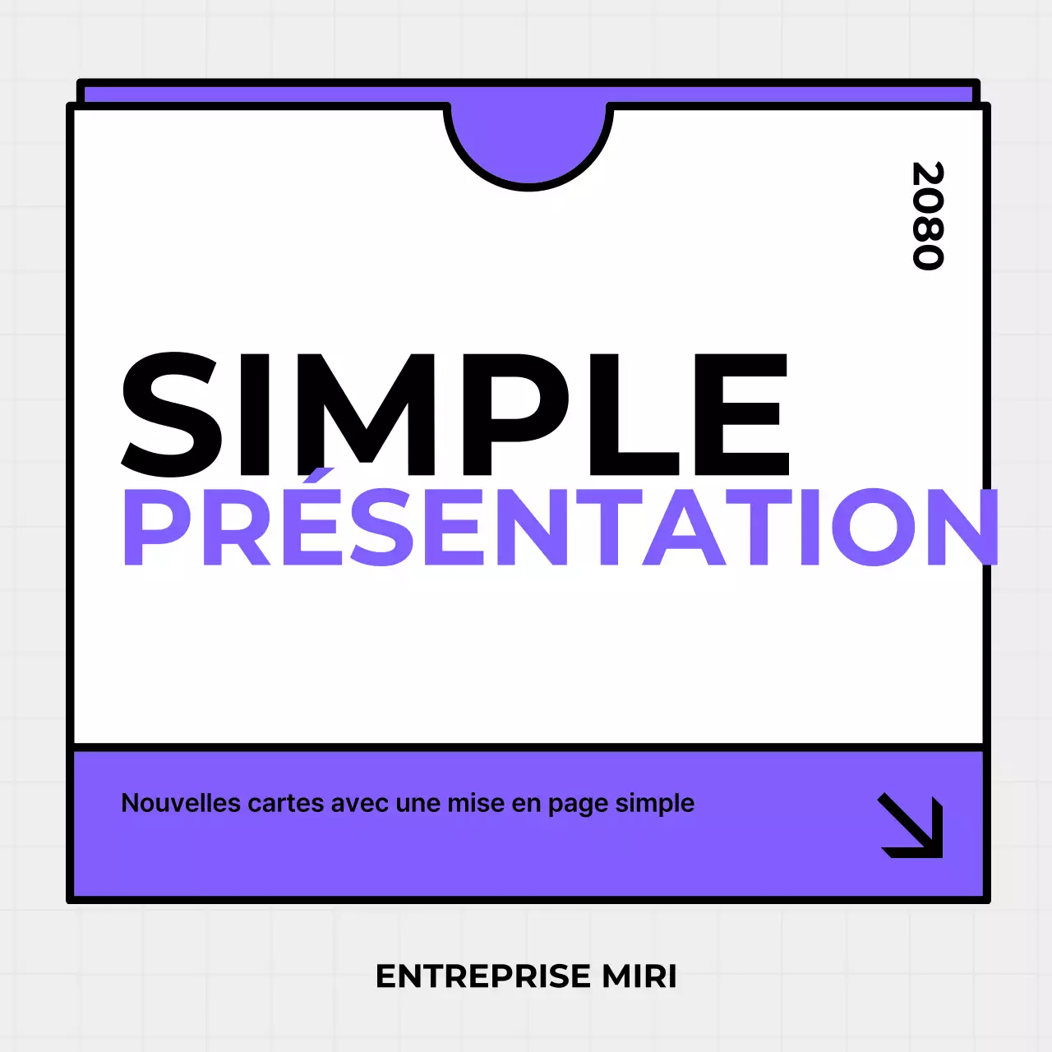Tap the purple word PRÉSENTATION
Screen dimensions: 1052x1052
[559, 527]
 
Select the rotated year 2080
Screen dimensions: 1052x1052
[928, 215]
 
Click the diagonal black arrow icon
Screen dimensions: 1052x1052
[911, 825]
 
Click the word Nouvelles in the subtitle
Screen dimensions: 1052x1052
[181, 803]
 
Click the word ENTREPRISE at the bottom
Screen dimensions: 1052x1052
[483, 976]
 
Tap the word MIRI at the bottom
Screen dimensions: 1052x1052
[639, 976]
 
